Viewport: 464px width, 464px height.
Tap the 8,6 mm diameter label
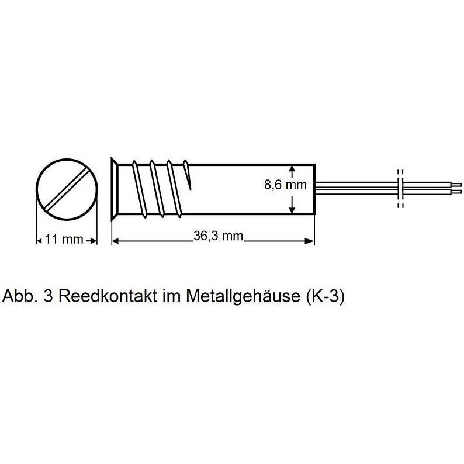(286, 186)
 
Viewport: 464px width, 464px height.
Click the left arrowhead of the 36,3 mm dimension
(115, 240)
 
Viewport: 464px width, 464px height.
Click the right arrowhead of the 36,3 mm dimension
(310, 240)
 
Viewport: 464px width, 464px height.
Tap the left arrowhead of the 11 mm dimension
(40, 240)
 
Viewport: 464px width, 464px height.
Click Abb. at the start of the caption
(19, 296)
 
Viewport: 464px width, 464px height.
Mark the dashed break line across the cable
(400, 188)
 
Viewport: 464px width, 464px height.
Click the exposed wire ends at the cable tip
(458, 188)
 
